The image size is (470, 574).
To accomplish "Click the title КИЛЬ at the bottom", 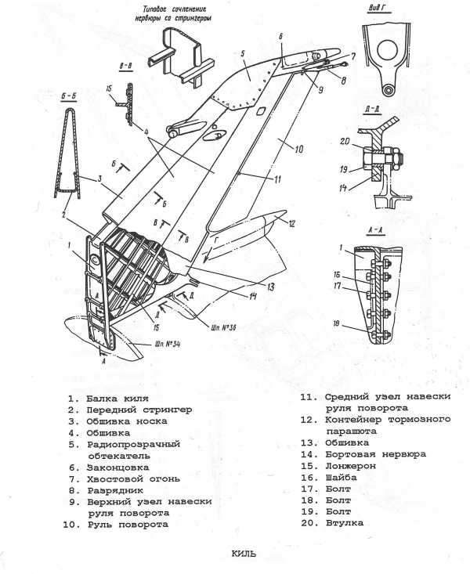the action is coord(244,554).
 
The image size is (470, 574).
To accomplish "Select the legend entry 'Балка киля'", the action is coord(117,399).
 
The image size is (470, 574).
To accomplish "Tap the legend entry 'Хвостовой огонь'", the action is coord(133,478).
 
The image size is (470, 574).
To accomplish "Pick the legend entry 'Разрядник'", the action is coord(115,490).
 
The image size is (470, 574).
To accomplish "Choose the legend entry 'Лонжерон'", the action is coord(351,466).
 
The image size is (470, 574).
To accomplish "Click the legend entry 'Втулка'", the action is coord(345,523).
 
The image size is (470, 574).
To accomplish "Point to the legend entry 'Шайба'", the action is coord(341,478).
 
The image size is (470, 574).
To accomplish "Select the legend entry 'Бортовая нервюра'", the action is coord(375,454).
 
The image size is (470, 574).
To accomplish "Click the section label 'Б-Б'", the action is coord(68,96).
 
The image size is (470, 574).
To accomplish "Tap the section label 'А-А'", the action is coord(375,230).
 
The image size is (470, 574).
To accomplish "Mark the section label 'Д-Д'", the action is coord(373,109).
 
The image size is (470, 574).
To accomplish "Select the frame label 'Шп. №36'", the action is coord(223,327).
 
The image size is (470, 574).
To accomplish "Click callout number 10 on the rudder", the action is coord(298,149).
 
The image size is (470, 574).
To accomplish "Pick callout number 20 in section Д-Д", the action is coord(345,141).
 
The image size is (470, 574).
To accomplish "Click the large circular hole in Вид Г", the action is coord(387,51).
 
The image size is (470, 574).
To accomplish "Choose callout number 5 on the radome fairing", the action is coord(243,53).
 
